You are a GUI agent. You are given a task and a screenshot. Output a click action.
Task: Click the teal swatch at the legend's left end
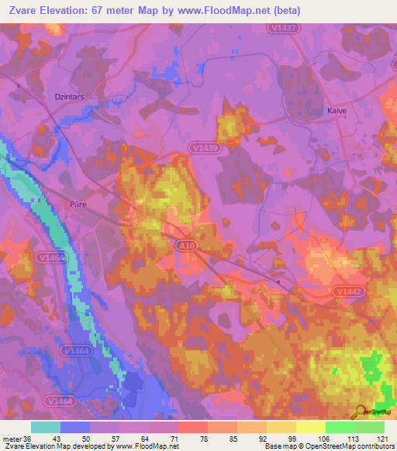pos(46,427)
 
